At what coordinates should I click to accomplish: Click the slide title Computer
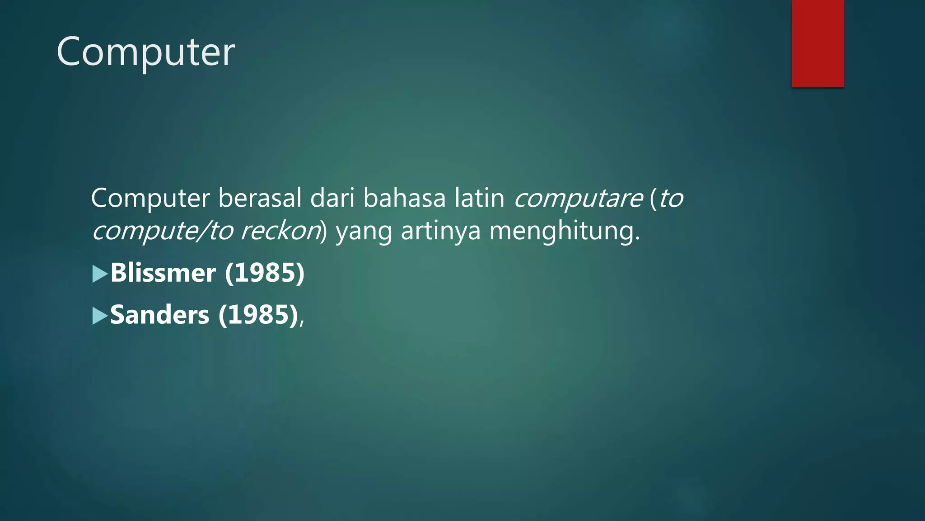145,52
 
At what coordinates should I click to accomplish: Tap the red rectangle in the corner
818,43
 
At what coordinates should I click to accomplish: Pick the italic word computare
578,199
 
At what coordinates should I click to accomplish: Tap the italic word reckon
280,231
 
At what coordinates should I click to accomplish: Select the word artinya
440,231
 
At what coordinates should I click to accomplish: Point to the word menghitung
565,231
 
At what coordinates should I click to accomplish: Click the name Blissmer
163,273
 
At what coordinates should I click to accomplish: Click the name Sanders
160,315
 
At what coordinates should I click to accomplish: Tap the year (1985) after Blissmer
265,273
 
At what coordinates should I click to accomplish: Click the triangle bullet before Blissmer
100,274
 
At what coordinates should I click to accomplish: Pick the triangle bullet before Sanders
100,316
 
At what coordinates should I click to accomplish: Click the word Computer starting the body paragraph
150,199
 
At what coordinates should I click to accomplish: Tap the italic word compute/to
162,232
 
